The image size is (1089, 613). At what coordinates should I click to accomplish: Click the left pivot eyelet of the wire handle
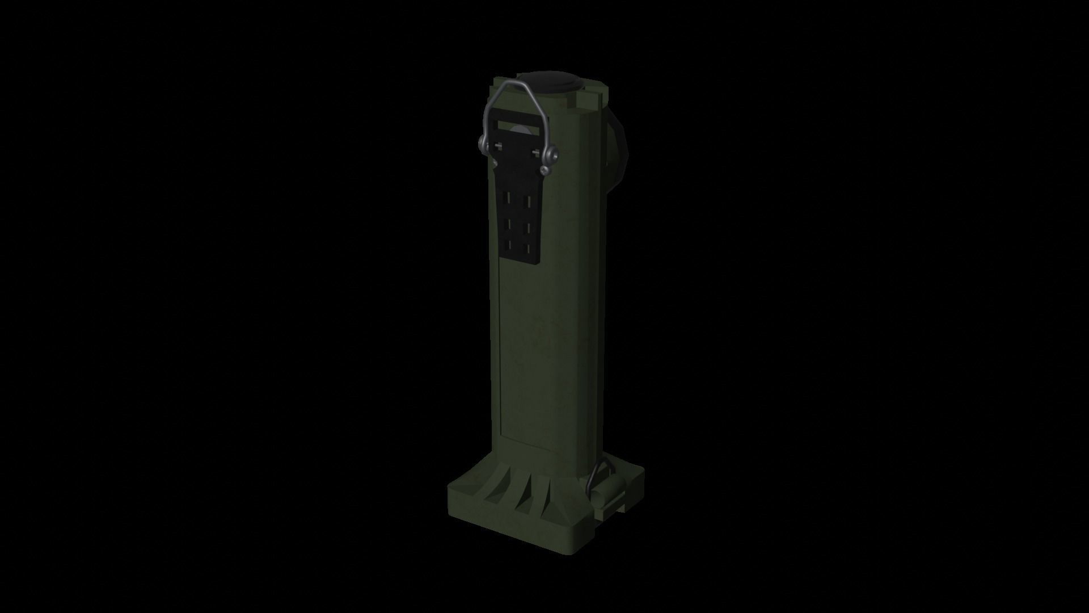[x=482, y=143]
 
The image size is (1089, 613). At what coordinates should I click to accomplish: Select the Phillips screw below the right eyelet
[x=545, y=170]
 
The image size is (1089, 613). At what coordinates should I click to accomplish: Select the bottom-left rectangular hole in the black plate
[x=507, y=245]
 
